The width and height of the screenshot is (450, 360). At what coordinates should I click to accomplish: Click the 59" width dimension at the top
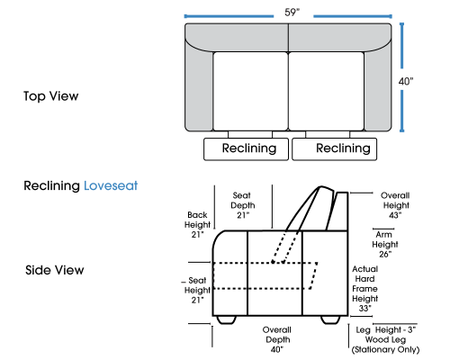292,13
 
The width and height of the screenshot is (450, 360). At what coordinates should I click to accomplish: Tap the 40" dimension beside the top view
406,81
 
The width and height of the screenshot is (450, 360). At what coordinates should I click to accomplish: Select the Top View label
51,96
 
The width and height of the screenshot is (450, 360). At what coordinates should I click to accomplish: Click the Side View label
55,270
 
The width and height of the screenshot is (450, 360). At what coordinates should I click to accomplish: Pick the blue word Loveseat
111,185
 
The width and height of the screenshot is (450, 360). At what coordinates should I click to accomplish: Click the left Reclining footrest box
246,149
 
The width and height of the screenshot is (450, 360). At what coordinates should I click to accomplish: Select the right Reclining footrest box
335,149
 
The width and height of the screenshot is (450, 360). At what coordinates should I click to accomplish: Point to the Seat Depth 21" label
242,205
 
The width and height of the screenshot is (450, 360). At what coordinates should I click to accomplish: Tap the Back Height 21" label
197,225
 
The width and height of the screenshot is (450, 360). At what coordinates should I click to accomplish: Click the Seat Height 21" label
197,290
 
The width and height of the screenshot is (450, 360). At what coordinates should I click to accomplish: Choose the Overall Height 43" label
395,205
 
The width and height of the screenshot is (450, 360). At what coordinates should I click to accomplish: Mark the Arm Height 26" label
385,244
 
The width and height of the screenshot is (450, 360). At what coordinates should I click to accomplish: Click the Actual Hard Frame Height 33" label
364,289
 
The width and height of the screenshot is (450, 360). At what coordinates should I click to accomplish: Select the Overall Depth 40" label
277,339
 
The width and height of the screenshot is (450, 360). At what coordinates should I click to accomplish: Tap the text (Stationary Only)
385,349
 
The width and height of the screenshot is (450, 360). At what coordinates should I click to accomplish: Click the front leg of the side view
226,319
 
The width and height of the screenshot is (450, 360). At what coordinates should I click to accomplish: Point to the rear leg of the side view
330,319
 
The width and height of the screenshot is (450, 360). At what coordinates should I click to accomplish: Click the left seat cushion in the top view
250,91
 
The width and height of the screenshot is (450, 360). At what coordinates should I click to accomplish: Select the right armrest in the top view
378,90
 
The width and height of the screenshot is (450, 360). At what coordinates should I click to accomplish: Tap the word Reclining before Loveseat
51,186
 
